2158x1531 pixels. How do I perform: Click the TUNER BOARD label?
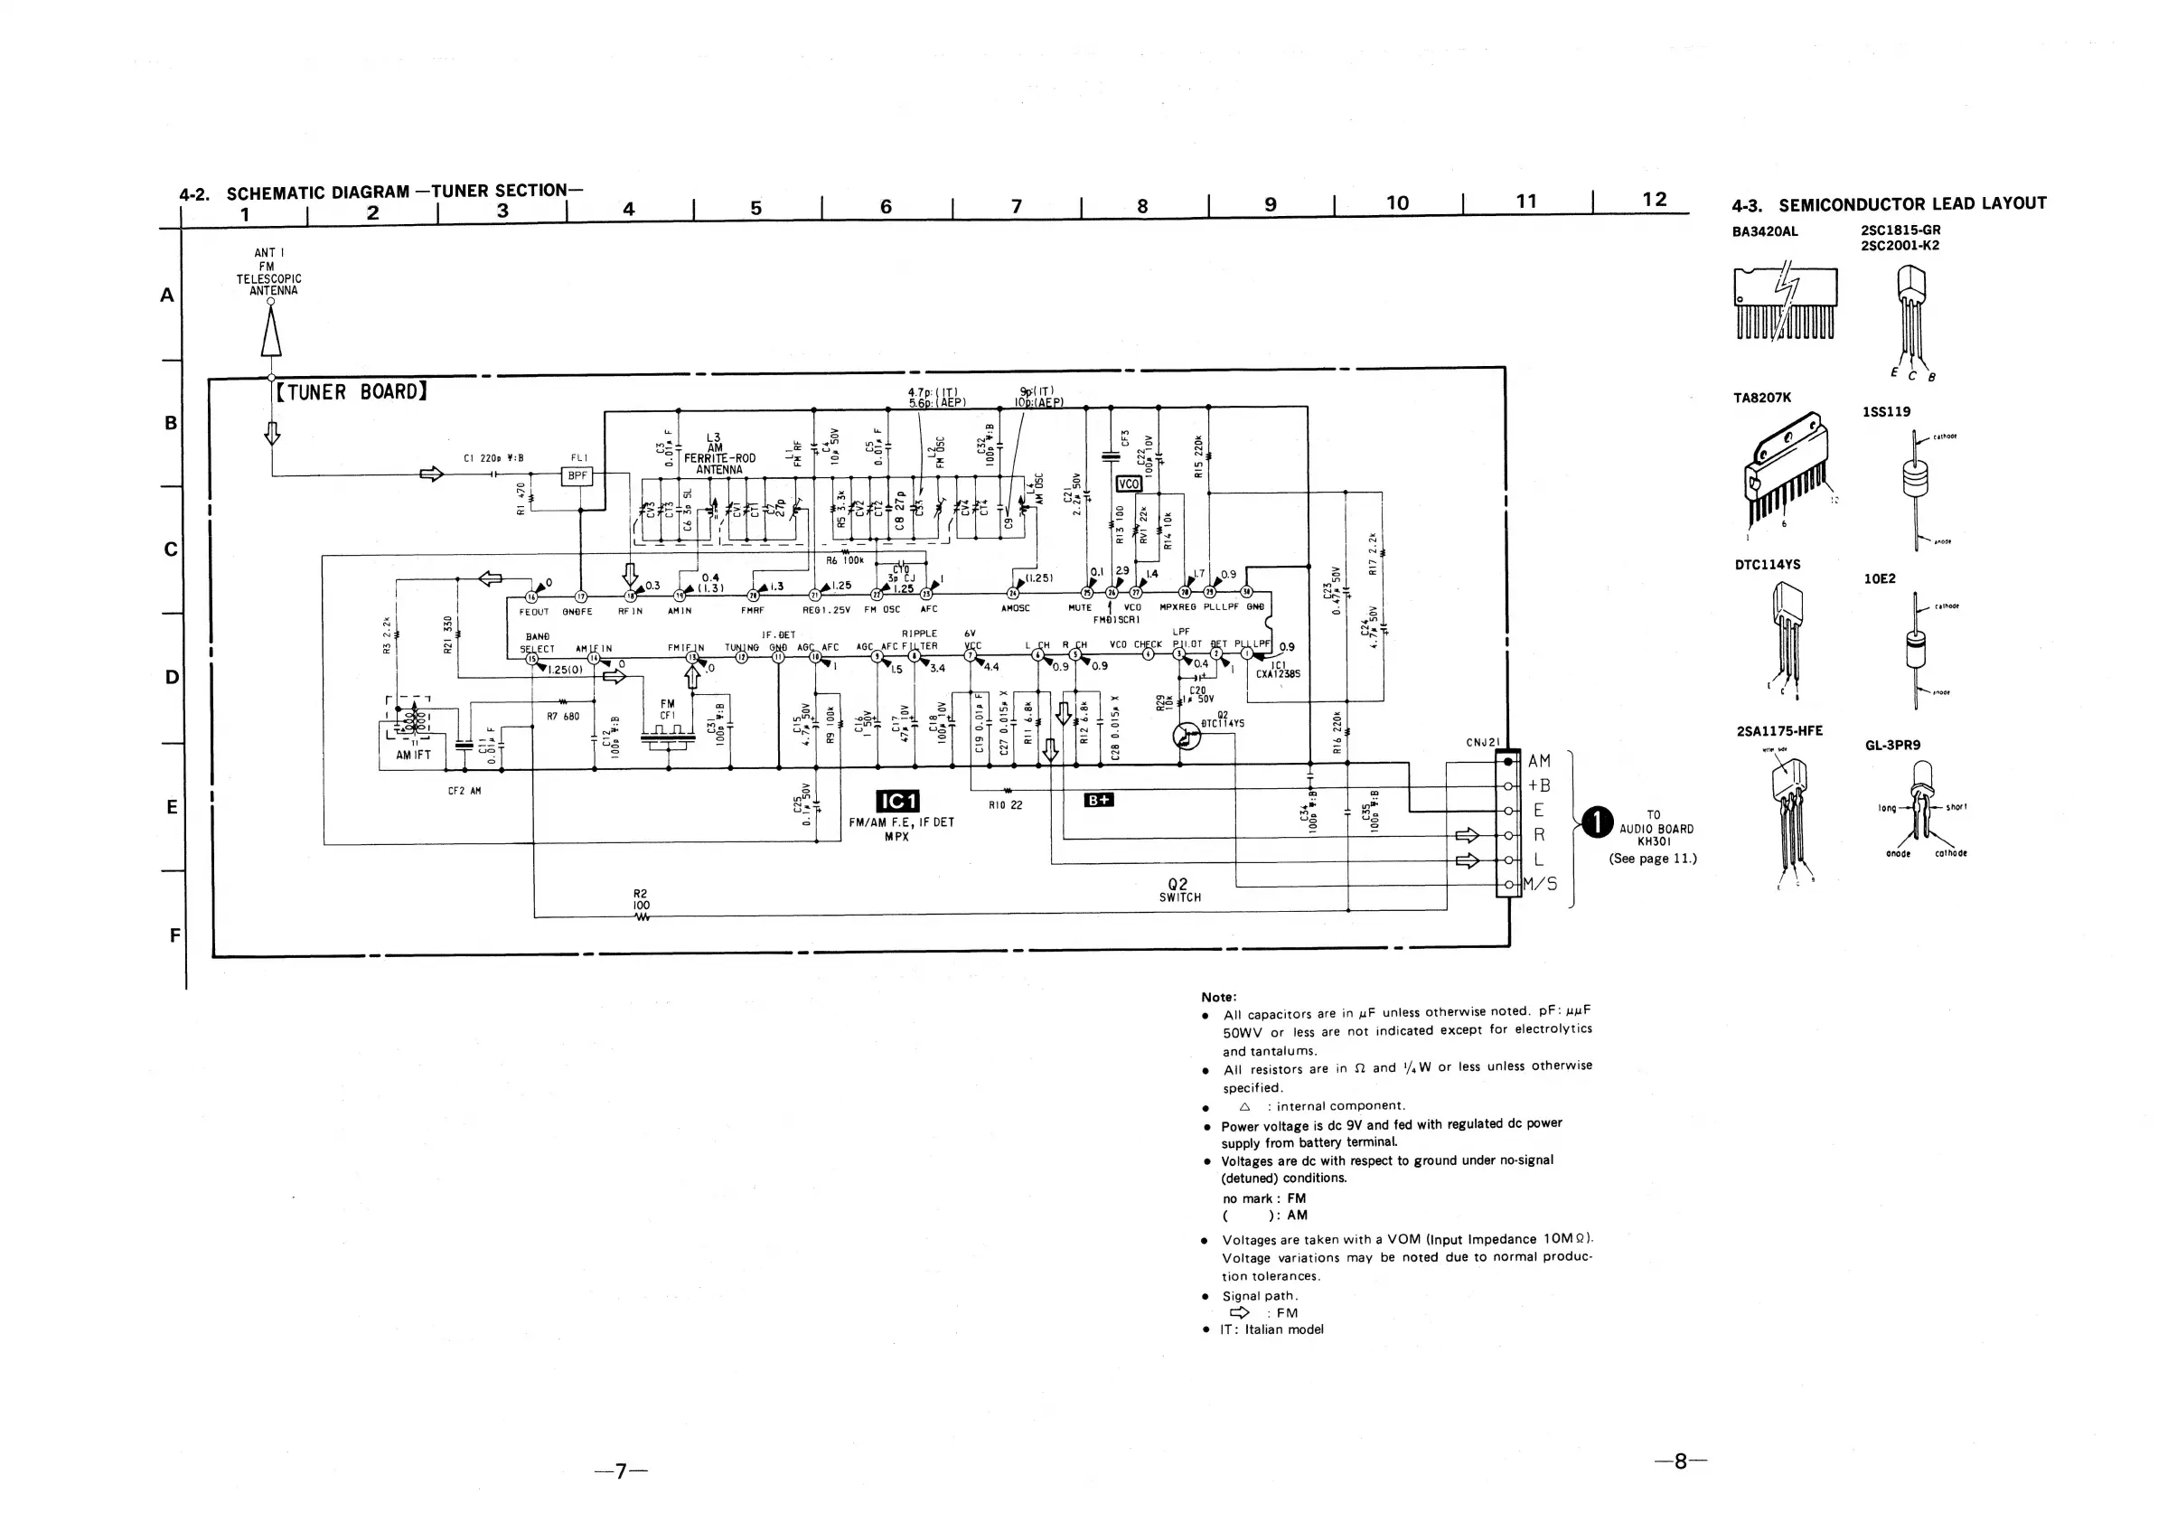point(351,392)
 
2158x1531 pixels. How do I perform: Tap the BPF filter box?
point(577,477)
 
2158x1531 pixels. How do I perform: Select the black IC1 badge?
point(896,802)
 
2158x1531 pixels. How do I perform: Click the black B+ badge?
point(1099,801)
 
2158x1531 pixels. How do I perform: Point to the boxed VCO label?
point(1128,484)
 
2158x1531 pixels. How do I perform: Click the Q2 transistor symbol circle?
point(1187,737)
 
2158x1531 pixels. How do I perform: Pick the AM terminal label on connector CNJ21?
point(1539,761)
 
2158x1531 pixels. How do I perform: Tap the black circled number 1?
point(1598,822)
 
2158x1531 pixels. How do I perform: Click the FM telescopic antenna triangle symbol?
point(271,332)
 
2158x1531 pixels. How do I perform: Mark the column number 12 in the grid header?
point(1654,200)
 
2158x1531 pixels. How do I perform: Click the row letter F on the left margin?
point(174,935)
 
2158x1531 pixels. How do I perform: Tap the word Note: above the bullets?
point(1218,997)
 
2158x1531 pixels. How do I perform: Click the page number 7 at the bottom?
point(621,1470)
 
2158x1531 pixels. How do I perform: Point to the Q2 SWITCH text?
point(1179,891)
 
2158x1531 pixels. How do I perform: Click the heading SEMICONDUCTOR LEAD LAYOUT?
point(1912,203)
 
